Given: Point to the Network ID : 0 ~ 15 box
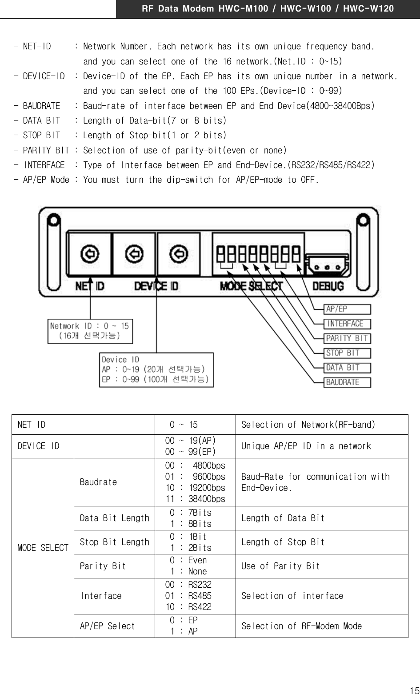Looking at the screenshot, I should click(90, 331).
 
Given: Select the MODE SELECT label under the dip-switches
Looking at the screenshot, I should click(251, 286).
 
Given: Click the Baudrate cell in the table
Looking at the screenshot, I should click(99, 482).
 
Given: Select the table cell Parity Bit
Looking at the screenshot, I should click(103, 566).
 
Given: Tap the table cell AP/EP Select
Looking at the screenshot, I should click(107, 626).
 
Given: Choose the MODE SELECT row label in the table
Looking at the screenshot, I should click(43, 548).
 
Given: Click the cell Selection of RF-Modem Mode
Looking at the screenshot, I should click(301, 626).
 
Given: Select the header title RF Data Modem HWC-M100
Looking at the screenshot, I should click(268, 8).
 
